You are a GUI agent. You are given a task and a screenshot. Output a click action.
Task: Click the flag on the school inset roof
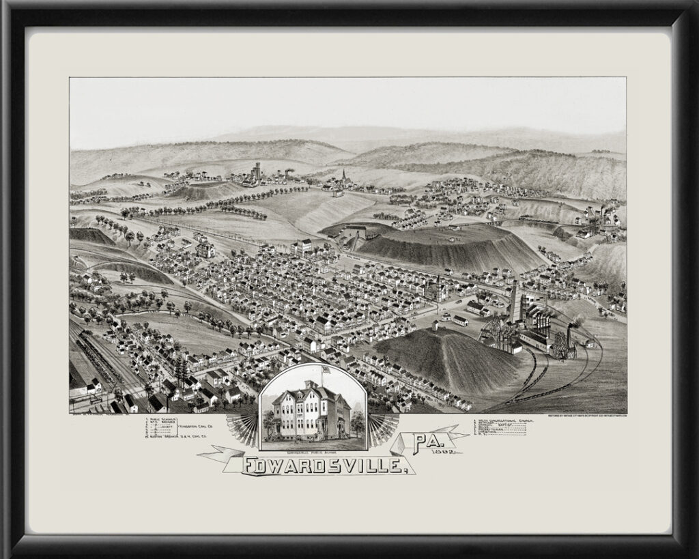tap(324, 370)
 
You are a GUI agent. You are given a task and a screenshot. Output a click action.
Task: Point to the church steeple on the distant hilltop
tap(343, 176)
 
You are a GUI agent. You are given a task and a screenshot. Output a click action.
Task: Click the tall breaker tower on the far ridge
tap(256, 171)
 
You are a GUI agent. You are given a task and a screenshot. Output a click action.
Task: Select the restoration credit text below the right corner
tap(586, 416)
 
